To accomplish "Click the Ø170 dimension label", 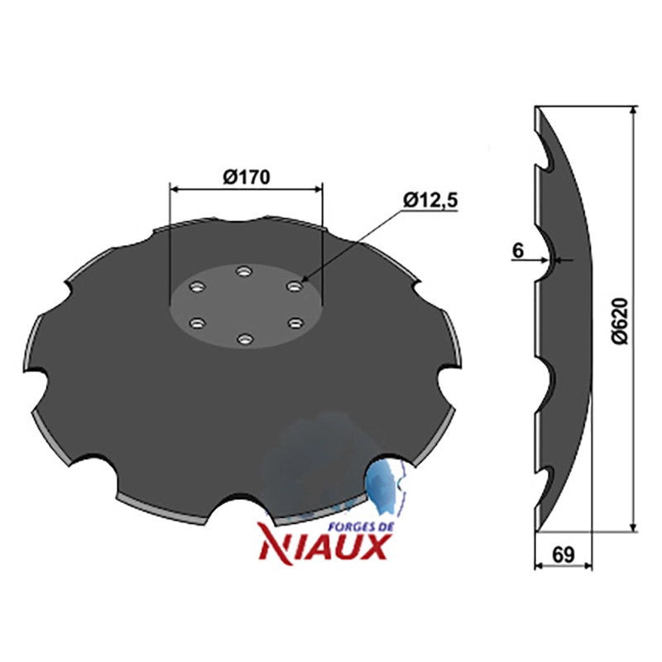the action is (x=246, y=178).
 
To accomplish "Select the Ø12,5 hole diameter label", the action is (x=430, y=200).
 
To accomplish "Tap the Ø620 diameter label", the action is (x=620, y=320).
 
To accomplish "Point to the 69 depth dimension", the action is (x=564, y=554).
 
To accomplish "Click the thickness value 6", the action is (x=518, y=251).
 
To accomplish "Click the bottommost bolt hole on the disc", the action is (x=245, y=338).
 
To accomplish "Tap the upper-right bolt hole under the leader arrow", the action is (x=295, y=286).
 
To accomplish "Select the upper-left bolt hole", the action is (x=196, y=287).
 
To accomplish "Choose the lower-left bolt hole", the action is (x=197, y=324).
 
